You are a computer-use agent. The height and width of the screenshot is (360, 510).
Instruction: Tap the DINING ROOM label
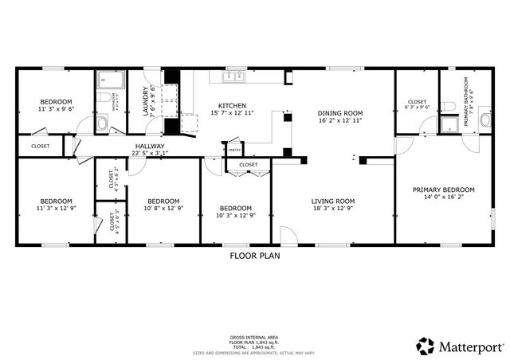[340, 113]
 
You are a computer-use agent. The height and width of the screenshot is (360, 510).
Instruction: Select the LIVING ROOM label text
[332, 201]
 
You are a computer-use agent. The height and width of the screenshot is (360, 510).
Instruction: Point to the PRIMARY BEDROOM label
[443, 190]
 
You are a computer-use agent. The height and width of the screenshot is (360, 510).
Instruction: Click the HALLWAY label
[150, 147]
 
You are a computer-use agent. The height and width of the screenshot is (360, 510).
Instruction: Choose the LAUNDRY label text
[146, 102]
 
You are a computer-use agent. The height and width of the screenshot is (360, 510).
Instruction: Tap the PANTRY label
[234, 150]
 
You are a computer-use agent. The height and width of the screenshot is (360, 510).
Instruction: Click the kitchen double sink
[233, 76]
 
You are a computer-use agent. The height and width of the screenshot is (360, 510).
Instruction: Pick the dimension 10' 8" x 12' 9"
[162, 209]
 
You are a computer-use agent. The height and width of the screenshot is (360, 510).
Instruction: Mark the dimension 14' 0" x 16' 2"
[443, 198]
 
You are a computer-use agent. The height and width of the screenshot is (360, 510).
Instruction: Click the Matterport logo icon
[426, 346]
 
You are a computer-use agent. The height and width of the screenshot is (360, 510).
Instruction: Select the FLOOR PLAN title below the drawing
[254, 256]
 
